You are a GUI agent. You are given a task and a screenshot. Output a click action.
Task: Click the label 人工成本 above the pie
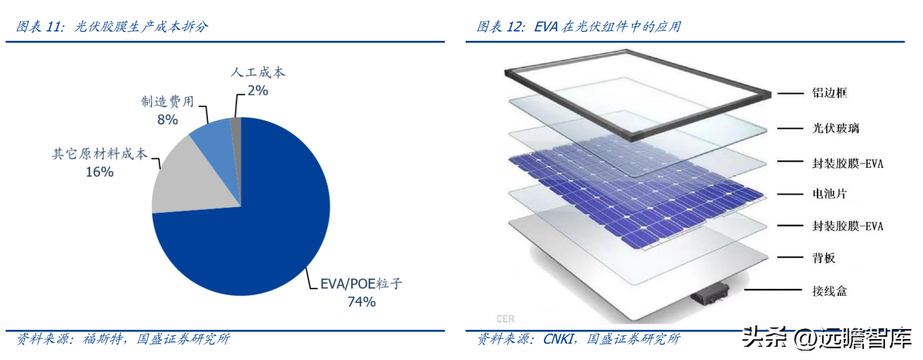(258, 72)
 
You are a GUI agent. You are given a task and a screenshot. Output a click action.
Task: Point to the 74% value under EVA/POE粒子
(361, 302)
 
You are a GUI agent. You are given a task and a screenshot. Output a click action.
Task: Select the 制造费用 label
(167, 101)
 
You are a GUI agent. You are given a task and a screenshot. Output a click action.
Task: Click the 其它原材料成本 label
(100, 154)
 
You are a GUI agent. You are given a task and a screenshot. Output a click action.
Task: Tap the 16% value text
(100, 172)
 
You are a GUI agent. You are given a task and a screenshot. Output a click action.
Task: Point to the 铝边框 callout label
(829, 93)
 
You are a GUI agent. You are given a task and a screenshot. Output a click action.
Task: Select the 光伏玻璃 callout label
(836, 128)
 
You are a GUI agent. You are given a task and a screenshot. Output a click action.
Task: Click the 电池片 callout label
(829, 193)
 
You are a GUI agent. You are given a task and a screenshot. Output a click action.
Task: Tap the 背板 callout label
(824, 258)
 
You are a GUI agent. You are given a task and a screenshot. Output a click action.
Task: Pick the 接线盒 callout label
(829, 292)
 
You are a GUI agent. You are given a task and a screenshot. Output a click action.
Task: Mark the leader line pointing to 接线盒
(773, 290)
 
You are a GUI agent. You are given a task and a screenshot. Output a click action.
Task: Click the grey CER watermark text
(505, 319)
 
